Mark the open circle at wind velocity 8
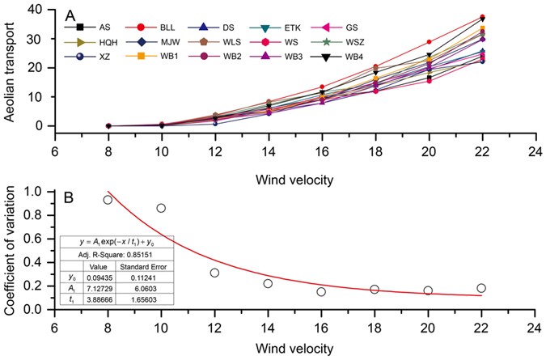(108, 200)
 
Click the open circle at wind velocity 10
(161, 208)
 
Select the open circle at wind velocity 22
(481, 288)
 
